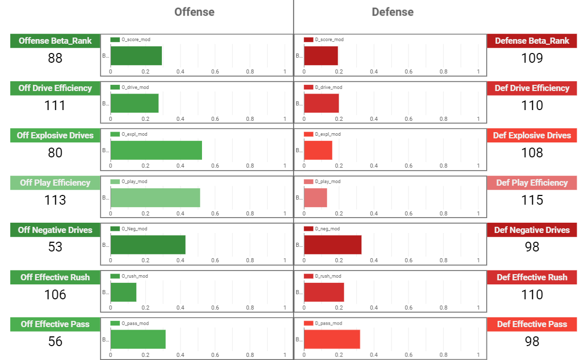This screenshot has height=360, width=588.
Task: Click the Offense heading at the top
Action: tap(194, 12)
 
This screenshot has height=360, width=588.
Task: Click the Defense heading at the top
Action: tap(393, 12)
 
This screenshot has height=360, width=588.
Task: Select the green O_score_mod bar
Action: tap(136, 56)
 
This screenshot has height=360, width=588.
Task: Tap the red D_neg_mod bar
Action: tap(333, 245)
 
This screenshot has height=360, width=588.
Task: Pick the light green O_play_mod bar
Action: tap(155, 197)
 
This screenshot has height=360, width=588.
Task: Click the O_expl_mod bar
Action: tap(156, 150)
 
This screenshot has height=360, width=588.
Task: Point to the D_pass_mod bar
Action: tap(332, 339)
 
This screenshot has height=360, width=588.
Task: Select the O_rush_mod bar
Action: tap(123, 292)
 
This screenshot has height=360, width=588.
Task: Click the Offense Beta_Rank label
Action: tap(55, 41)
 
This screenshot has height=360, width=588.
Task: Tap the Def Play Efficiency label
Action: tap(532, 183)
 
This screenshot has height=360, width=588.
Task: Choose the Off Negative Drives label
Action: tap(55, 230)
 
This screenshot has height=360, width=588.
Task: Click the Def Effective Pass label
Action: tap(532, 325)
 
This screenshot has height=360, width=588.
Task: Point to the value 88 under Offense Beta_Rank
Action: tap(55, 58)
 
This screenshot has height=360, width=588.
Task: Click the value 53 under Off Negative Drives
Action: tap(55, 247)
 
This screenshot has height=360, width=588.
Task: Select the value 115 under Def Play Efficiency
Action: tap(532, 200)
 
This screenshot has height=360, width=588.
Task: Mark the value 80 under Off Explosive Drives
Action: tap(55, 153)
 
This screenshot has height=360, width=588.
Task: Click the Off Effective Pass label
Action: tap(55, 325)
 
